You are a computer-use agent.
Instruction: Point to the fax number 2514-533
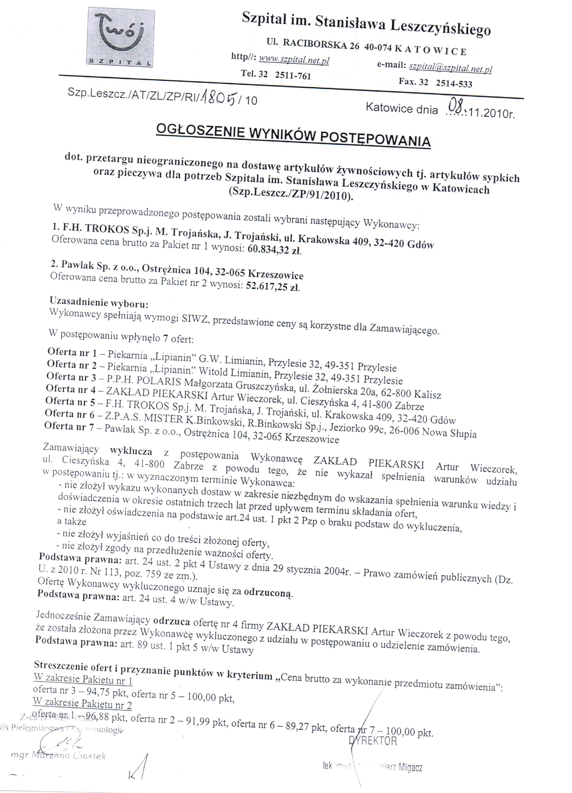[454, 84]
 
